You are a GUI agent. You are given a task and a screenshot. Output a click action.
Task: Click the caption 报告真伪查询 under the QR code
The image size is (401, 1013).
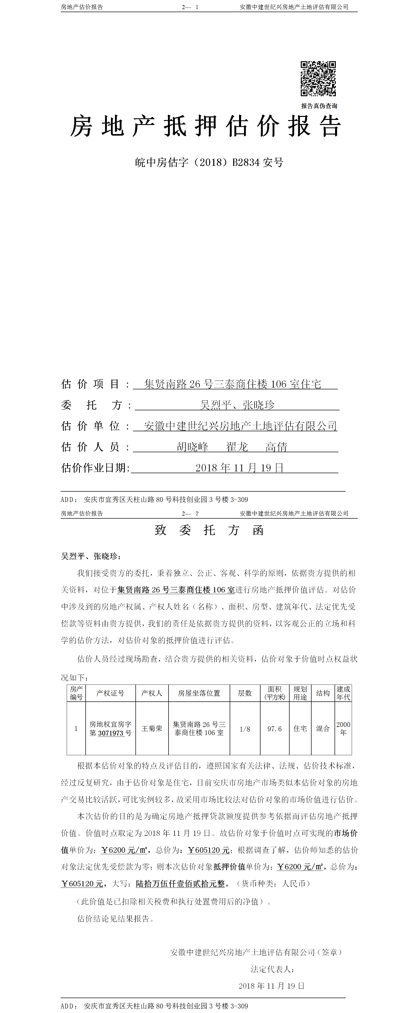coord(319,106)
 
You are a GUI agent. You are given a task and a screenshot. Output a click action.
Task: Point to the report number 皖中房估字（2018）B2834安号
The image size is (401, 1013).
coord(209,162)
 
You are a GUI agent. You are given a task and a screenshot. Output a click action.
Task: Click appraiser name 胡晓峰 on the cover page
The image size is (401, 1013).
coord(193,447)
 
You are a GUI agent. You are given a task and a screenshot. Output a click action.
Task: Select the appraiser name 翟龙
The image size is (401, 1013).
coord(237,447)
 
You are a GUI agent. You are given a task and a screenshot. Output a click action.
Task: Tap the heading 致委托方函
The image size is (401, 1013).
coord(209,530)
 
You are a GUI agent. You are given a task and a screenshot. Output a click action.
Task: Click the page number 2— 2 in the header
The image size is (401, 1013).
coord(190,513)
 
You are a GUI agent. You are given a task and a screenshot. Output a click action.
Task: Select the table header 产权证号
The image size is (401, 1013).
coord(110,693)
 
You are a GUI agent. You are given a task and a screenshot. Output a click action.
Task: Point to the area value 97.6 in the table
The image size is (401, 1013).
coord(274,729)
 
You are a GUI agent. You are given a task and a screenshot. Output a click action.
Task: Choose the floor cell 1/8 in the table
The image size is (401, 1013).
coord(245,729)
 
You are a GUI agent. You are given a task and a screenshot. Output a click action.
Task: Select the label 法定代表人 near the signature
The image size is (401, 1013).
coord(272,969)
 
